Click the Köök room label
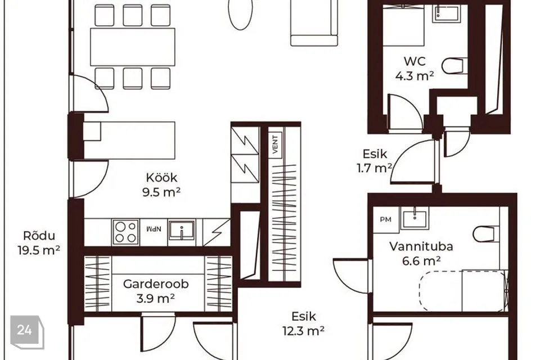pyautogui.click(x=161, y=178)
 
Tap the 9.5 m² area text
pyautogui.click(x=161, y=192)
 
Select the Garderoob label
pyautogui.click(x=156, y=284)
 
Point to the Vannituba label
pyautogui.click(x=421, y=246)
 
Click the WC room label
pyautogui.click(x=415, y=61)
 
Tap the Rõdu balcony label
pyautogui.click(x=39, y=236)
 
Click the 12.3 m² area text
pyautogui.click(x=303, y=331)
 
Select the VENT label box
pyautogui.click(x=275, y=145)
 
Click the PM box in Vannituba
pyautogui.click(x=386, y=219)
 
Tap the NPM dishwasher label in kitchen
pyautogui.click(x=154, y=229)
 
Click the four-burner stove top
pyautogui.click(x=125, y=232)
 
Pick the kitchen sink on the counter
pyautogui.click(x=182, y=231)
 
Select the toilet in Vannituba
pyautogui.click(x=485, y=234)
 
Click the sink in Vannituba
pyautogui.click(x=415, y=218)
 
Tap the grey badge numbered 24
pyautogui.click(x=27, y=332)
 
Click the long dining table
pyautogui.click(x=133, y=47)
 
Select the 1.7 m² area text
pyautogui.click(x=375, y=168)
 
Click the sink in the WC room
pyautogui.click(x=445, y=13)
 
